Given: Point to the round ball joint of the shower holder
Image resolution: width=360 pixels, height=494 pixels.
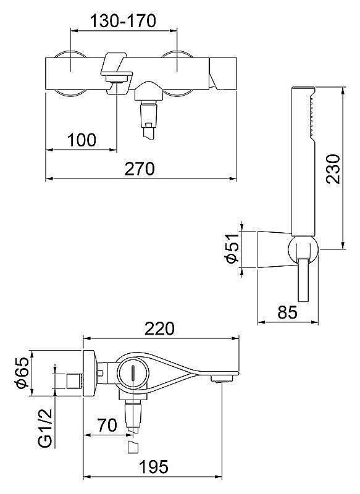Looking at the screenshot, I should pos(303,250).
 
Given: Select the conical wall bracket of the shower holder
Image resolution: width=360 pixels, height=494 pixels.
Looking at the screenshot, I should pos(272,249).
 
